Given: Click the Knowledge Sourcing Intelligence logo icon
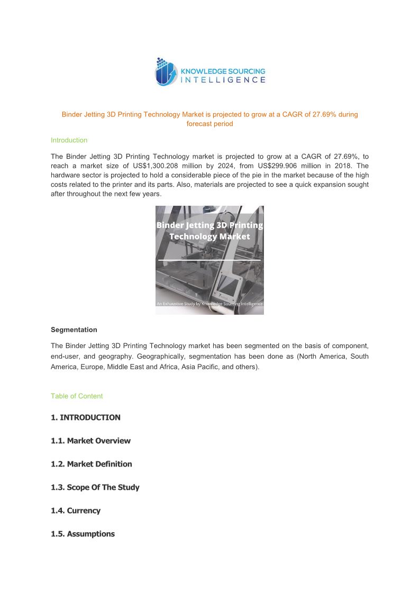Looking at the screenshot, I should point(166,72).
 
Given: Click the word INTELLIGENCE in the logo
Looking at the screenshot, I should point(223,80).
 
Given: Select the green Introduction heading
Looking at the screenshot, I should point(69,140).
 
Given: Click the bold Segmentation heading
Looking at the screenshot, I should point(74,330).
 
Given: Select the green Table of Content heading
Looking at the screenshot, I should point(77,396).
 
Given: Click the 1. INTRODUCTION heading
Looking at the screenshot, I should point(86,417).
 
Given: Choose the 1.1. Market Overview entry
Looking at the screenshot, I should point(90,441).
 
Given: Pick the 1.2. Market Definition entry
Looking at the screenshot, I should point(92,464).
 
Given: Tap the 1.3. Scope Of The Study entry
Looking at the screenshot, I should point(95,487).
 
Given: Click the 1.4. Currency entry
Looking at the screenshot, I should point(76,510).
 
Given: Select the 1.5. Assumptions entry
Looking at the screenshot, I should point(83,534).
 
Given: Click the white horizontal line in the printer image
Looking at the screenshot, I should point(209,260).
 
